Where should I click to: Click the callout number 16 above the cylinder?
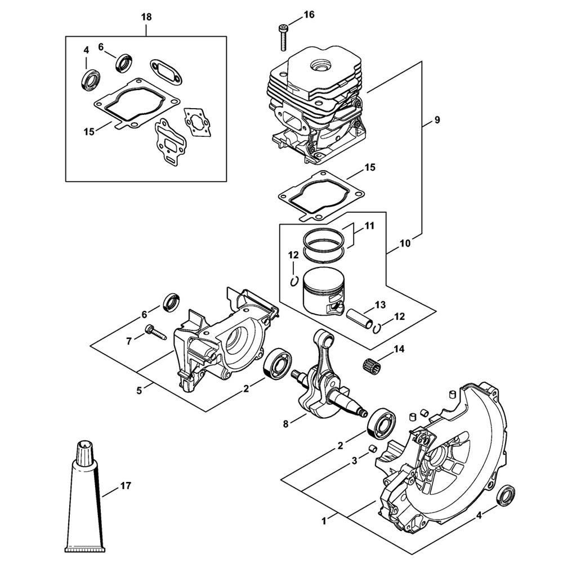point(309,15)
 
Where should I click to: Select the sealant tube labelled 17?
point(85,501)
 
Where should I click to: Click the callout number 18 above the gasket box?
point(146,17)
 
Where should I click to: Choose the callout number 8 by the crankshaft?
point(286,424)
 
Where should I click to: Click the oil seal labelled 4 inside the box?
point(90,79)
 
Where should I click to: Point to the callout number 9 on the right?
point(437,119)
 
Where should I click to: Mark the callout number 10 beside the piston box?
point(405,243)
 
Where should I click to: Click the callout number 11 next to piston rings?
point(369,226)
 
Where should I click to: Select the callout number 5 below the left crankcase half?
point(139,390)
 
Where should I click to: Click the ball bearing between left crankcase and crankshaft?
point(275,363)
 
